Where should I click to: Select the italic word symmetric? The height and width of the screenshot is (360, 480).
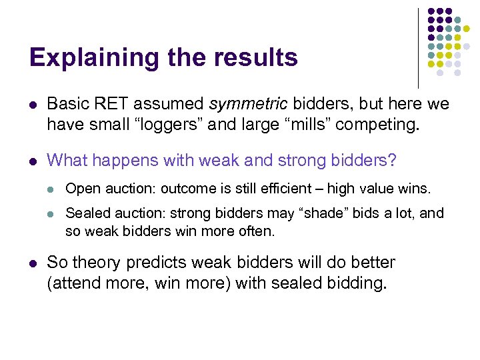(248, 104)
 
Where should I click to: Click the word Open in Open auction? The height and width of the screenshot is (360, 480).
(81, 189)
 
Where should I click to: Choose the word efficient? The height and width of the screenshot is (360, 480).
(263, 189)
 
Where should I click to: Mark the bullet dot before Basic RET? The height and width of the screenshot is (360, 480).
(33, 105)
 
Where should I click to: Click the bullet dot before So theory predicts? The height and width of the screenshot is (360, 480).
(33, 263)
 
